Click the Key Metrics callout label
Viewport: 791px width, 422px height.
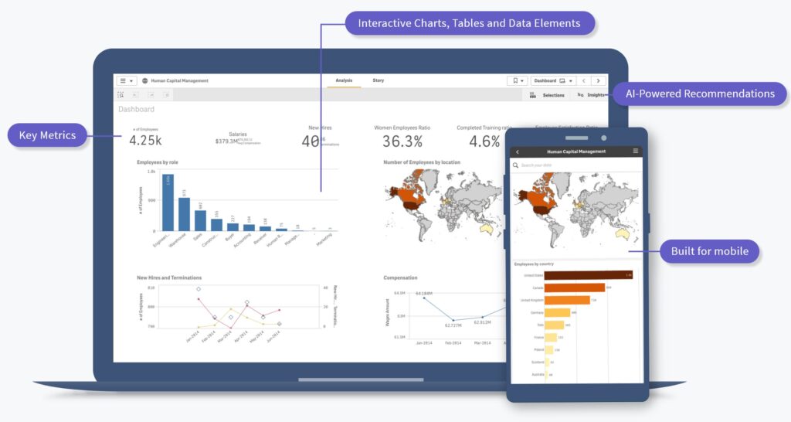(48, 135)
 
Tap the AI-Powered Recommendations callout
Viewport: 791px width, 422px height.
(700, 94)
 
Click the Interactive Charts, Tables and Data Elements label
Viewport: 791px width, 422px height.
(470, 23)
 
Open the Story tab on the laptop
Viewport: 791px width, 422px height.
(378, 80)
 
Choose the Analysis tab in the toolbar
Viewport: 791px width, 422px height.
(344, 80)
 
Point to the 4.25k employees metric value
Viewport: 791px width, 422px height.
(145, 141)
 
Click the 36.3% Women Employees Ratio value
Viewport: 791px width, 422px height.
(402, 141)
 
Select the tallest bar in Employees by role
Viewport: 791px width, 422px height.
(168, 202)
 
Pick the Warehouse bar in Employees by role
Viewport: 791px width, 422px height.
(184, 214)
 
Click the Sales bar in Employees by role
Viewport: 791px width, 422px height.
(200, 220)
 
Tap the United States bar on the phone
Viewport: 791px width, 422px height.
(588, 275)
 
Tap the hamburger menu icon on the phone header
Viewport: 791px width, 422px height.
(636, 151)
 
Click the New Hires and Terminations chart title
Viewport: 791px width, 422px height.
(169, 277)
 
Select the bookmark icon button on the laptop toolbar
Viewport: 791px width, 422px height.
(517, 80)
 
